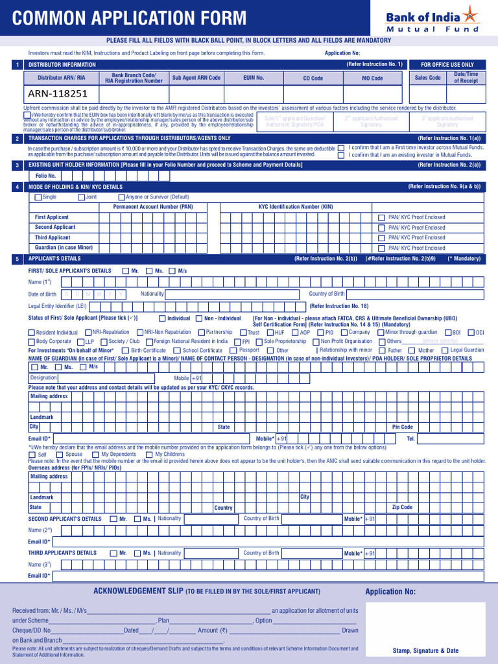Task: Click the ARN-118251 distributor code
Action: coord(58,93)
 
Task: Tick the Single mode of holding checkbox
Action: coord(38,197)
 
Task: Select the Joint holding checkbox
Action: coord(81,197)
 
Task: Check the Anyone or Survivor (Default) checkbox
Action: coord(121,197)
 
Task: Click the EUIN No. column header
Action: coord(254,78)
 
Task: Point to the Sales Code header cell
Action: coord(427,78)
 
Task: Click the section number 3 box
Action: coord(16,165)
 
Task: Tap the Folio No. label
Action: coord(45,176)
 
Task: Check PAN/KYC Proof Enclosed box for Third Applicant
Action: coord(381,238)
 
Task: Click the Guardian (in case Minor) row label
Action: coord(64,248)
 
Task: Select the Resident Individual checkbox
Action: coord(31,333)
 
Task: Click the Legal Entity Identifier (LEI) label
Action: coord(57,305)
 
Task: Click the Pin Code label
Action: coord(402,427)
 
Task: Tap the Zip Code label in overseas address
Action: coord(402,507)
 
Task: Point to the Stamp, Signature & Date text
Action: coord(425,650)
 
